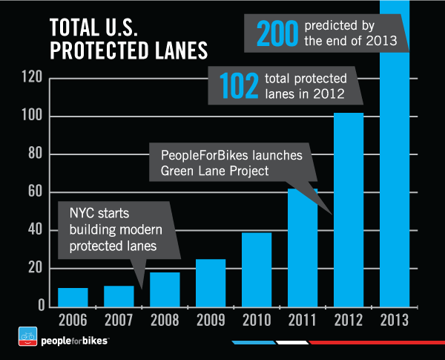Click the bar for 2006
pos(73,297)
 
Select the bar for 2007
pos(119,296)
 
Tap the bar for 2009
pos(211,283)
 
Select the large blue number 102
pos(240,85)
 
